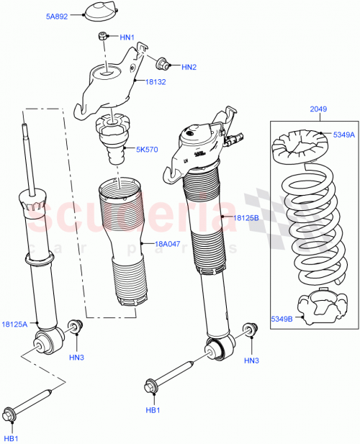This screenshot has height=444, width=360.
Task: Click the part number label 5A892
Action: (x=57, y=15)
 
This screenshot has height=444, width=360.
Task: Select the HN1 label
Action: (x=127, y=37)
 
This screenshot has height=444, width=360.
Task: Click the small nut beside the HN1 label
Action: (x=103, y=37)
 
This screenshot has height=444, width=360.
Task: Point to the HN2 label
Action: (x=189, y=68)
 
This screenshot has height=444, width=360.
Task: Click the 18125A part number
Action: (x=15, y=325)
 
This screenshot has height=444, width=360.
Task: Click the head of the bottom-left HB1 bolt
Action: (x=10, y=414)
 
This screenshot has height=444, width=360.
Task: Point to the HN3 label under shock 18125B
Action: (x=251, y=360)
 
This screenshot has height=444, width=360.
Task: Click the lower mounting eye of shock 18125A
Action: (x=53, y=338)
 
